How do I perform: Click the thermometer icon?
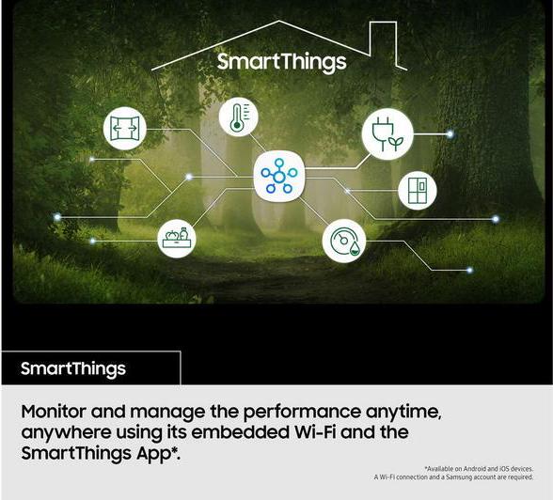239,117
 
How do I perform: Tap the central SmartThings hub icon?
278,176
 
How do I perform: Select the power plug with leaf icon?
387,133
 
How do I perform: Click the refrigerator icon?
418,191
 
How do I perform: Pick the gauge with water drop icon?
344,241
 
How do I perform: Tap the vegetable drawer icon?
177,239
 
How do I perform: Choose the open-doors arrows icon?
124,128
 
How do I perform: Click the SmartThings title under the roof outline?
281,62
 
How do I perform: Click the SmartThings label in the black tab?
73,369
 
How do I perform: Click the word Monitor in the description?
54,412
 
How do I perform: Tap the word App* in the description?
158,453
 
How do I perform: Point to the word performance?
302,413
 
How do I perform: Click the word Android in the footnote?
475,469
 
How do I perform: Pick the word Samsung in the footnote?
459,477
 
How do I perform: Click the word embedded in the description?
240,432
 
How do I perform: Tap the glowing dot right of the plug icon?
450,133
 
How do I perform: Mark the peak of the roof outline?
279,21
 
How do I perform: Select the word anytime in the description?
403,413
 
